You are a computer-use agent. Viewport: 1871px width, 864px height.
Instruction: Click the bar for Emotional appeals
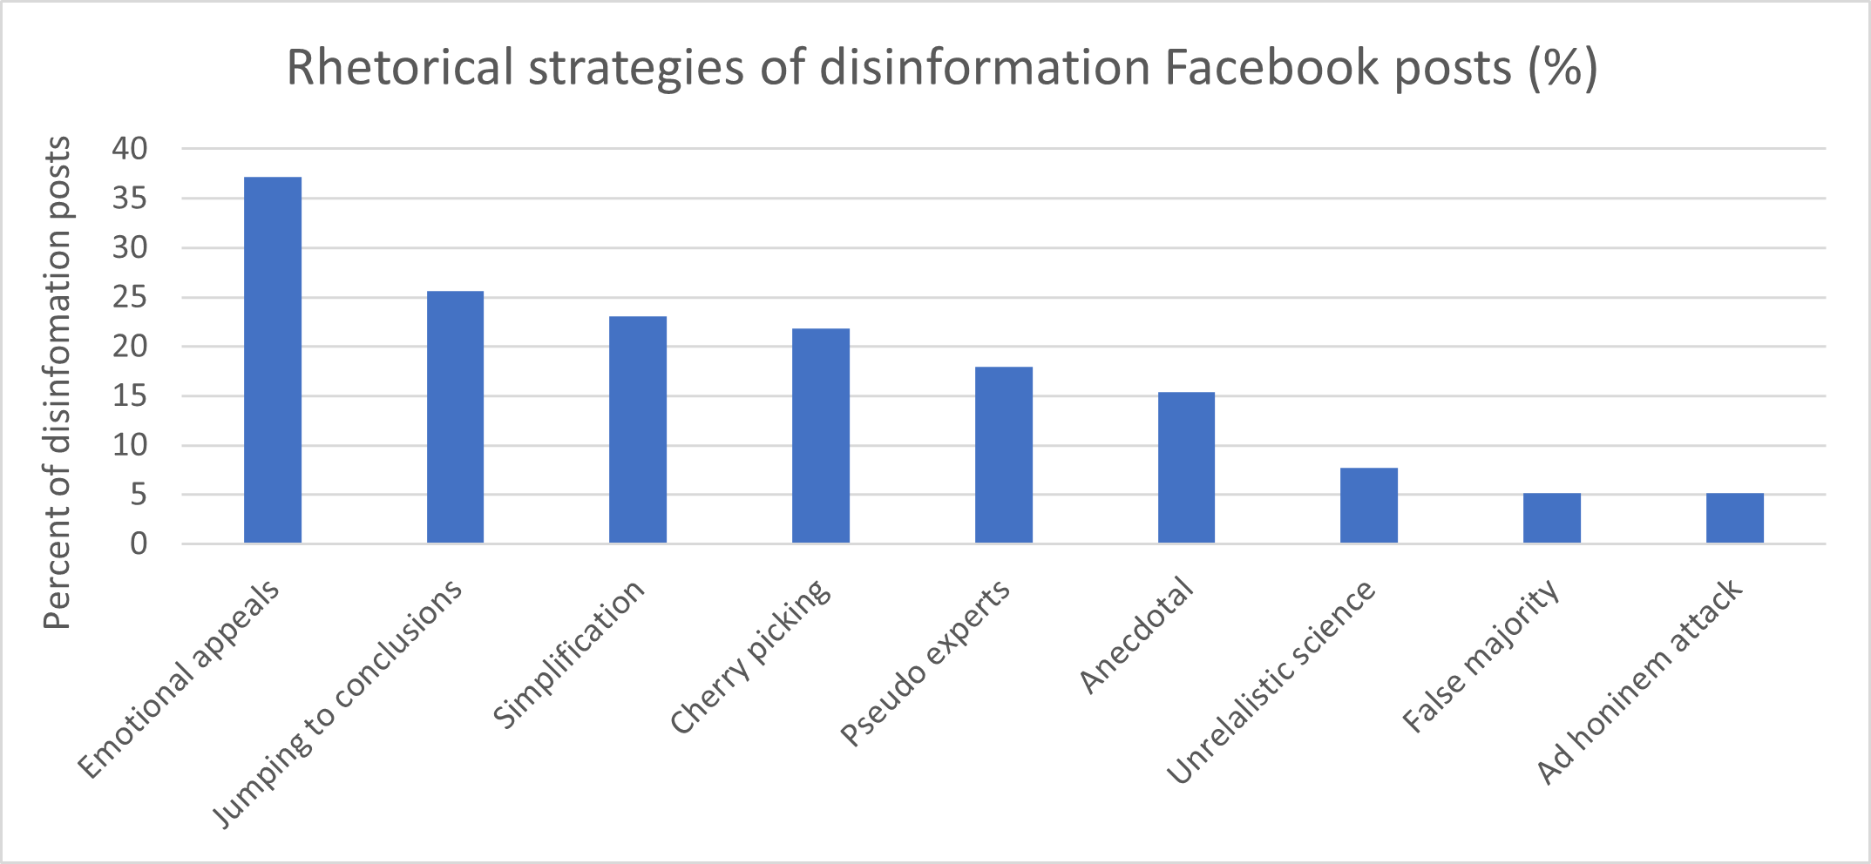tap(273, 360)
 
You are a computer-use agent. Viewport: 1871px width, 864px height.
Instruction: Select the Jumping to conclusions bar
tap(455, 417)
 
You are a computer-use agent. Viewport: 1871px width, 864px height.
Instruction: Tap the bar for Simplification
tap(638, 429)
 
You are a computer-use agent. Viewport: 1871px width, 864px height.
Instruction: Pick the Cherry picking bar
tap(821, 435)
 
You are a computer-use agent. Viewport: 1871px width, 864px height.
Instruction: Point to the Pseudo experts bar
tap(1004, 455)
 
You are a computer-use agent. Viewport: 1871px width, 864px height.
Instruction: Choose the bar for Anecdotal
tap(1186, 468)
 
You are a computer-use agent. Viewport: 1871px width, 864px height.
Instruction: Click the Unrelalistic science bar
tap(1369, 505)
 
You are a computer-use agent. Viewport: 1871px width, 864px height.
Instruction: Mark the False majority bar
tap(1552, 518)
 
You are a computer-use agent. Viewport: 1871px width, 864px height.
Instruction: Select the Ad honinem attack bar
tap(1735, 518)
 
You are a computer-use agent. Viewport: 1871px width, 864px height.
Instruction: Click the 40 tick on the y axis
tap(130, 149)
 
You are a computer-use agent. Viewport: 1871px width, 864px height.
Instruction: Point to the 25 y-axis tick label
tap(130, 298)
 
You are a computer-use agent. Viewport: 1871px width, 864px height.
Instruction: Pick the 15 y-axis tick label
tap(130, 396)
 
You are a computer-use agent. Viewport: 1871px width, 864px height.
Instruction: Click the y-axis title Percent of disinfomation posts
tap(58, 383)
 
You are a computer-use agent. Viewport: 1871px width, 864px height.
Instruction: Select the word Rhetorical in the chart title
tap(400, 67)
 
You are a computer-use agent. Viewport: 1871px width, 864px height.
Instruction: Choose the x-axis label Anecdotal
tap(1135, 635)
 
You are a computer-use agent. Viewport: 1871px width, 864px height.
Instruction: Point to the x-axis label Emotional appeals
tap(180, 679)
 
